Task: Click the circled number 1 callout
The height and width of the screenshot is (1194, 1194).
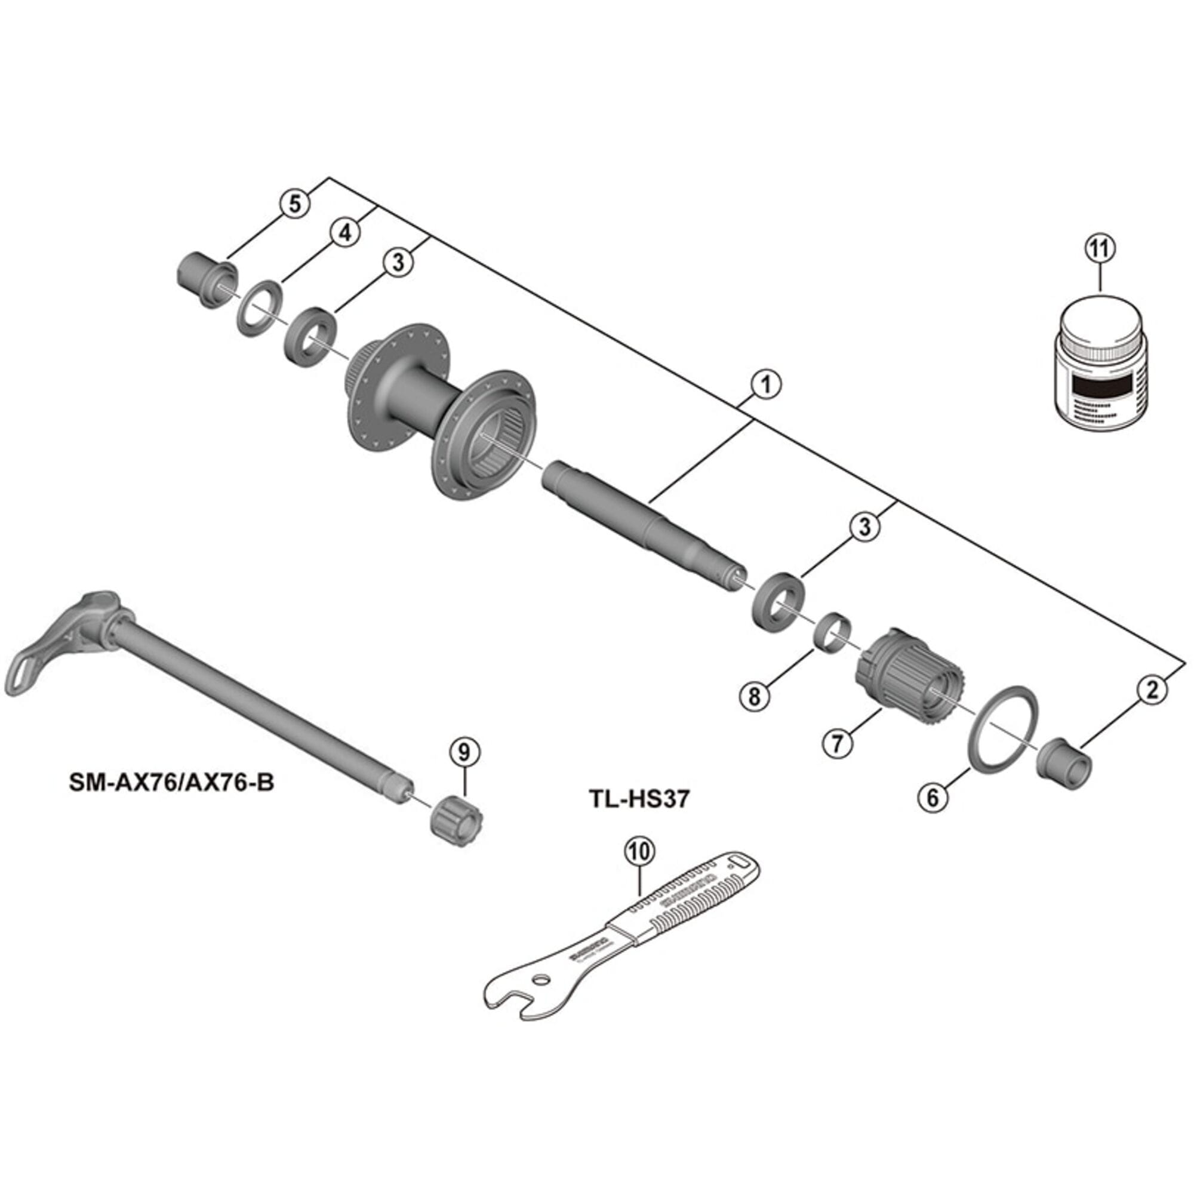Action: pyautogui.click(x=767, y=384)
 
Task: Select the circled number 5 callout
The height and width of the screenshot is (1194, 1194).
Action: pyautogui.click(x=295, y=204)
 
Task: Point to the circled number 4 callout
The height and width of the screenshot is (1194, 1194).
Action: pyautogui.click(x=345, y=233)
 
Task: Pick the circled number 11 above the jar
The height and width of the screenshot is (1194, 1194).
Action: pyautogui.click(x=1100, y=249)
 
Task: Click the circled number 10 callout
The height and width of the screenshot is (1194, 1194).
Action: pyautogui.click(x=639, y=852)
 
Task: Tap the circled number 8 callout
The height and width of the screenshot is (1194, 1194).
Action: pyautogui.click(x=755, y=697)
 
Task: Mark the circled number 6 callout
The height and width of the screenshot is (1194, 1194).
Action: pyautogui.click(x=933, y=797)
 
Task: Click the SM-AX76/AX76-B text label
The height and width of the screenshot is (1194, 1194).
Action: pyautogui.click(x=172, y=783)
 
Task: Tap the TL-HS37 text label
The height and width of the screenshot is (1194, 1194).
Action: pyautogui.click(x=638, y=799)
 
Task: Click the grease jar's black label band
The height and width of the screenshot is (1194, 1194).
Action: pyautogui.click(x=1102, y=387)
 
